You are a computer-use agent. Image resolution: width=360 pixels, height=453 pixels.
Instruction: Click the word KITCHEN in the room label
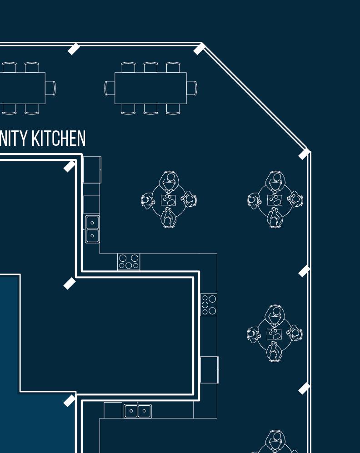[58, 139]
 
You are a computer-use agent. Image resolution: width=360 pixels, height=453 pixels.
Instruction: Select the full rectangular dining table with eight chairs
[150, 88]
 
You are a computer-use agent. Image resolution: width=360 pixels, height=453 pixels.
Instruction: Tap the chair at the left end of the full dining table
[110, 88]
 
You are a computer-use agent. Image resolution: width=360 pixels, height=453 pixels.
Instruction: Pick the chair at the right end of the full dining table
[191, 88]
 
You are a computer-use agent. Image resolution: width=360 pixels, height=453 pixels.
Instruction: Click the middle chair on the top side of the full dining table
[150, 68]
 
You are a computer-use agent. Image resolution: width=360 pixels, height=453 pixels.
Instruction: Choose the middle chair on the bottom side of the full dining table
[150, 109]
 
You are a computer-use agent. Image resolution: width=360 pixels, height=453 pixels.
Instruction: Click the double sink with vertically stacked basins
[92, 229]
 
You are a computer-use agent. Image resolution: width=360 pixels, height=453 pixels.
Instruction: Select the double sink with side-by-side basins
[138, 411]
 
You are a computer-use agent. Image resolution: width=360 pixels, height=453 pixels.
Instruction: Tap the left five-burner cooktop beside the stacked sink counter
[129, 262]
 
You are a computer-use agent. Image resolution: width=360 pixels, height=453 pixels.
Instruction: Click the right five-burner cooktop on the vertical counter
[209, 304]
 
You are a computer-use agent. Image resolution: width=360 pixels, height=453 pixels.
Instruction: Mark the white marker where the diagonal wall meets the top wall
[199, 49]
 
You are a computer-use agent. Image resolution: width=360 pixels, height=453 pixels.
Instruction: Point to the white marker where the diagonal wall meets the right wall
[304, 154]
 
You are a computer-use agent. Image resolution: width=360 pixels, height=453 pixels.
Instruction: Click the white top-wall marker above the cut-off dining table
[74, 49]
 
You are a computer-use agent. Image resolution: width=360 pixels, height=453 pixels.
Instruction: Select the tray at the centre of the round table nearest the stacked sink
[168, 199]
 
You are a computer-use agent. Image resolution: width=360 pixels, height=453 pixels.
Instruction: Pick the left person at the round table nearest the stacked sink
[148, 200]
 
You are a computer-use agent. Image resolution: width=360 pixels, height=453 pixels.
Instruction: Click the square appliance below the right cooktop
[209, 370]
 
